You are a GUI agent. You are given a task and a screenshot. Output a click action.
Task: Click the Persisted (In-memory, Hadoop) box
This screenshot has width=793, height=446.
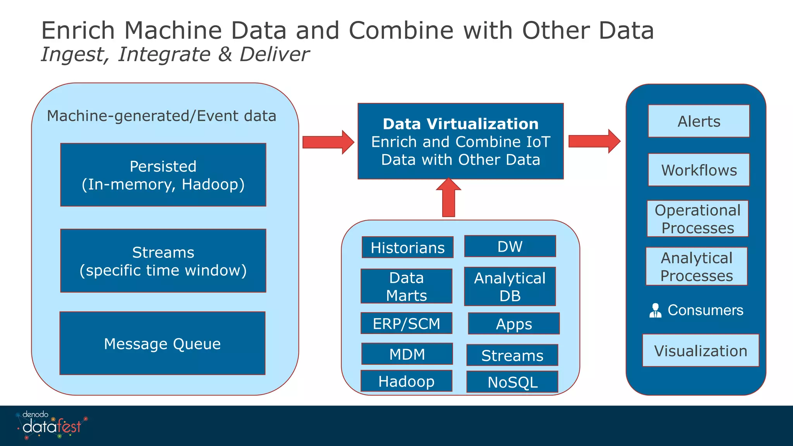pyautogui.click(x=163, y=175)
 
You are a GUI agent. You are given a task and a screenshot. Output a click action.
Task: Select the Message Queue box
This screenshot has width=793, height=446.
pyautogui.click(x=162, y=343)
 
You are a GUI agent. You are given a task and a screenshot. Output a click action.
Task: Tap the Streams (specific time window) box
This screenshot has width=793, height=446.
pyautogui.click(x=163, y=261)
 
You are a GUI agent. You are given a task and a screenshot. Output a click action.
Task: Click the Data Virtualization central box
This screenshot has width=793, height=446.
pyautogui.click(x=460, y=141)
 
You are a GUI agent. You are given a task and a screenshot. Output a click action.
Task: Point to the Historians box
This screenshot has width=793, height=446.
pyautogui.click(x=407, y=247)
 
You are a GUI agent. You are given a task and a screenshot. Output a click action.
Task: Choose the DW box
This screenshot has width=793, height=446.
pyautogui.click(x=510, y=246)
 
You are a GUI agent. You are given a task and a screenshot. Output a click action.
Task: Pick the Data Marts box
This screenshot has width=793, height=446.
pyautogui.click(x=406, y=286)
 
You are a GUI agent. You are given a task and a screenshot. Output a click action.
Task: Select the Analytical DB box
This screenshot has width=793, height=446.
pyautogui.click(x=510, y=286)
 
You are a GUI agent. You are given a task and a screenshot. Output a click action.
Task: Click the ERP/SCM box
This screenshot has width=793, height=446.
pyautogui.click(x=406, y=323)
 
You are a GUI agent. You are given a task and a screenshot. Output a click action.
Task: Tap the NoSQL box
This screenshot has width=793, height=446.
pyautogui.click(x=512, y=382)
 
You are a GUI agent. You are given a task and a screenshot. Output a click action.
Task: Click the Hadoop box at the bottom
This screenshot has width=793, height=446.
pyautogui.click(x=406, y=381)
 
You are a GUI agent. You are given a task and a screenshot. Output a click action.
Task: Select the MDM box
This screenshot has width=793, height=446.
pyautogui.click(x=407, y=354)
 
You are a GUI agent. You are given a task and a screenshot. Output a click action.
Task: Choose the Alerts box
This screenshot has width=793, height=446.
pyautogui.click(x=699, y=121)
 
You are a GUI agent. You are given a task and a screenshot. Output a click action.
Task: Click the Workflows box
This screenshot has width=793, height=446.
pyautogui.click(x=699, y=170)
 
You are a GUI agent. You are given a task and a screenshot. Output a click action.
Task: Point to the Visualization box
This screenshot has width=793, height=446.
pyautogui.click(x=700, y=350)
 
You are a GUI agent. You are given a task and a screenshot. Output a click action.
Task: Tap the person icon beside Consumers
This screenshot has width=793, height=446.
pyautogui.click(x=655, y=310)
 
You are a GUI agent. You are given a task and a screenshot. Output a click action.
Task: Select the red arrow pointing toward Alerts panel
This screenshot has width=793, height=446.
pyautogui.click(x=594, y=141)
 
